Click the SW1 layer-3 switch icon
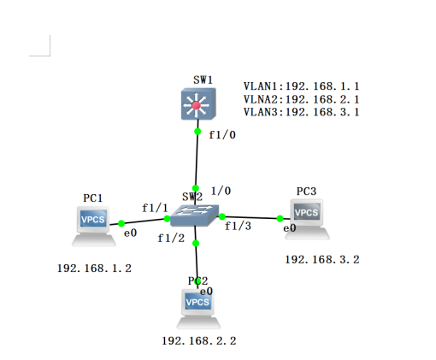[x=198, y=106]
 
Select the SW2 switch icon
[x=195, y=215]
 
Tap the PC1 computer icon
[x=92, y=224]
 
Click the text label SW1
[x=203, y=80]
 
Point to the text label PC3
[x=306, y=191]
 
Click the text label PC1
[x=93, y=198]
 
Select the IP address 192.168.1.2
[x=94, y=269]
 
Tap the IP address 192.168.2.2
[x=198, y=340]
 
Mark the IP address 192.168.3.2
[x=322, y=259]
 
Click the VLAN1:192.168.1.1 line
[x=301, y=86]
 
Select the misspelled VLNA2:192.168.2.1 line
[x=301, y=99]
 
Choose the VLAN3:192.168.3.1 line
[x=301, y=112]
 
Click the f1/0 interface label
[x=221, y=133]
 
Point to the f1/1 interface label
[x=155, y=208]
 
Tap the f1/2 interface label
[x=171, y=239]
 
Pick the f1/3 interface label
[x=239, y=227]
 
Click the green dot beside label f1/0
[x=198, y=131]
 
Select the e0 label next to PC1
[x=130, y=233]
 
